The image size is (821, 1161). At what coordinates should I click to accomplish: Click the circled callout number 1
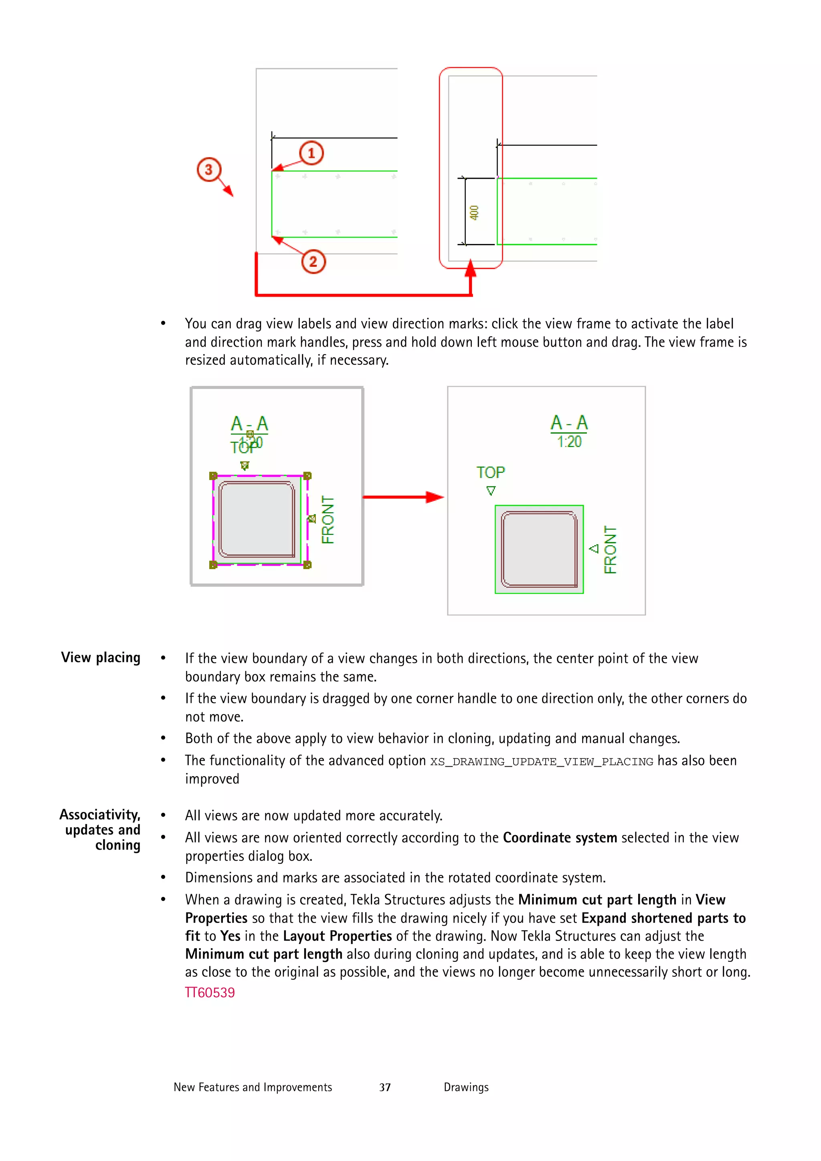click(x=311, y=153)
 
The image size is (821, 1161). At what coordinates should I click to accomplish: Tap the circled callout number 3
click(x=208, y=170)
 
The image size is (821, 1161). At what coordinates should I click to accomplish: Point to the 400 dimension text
click(x=474, y=212)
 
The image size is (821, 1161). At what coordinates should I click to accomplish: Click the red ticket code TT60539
click(x=209, y=993)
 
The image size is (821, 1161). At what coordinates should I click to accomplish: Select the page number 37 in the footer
click(x=385, y=1087)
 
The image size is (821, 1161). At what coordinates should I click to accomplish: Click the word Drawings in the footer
click(x=466, y=1087)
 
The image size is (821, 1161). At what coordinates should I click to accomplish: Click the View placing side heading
click(x=101, y=657)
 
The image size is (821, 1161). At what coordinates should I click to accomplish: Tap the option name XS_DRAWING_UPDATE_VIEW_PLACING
click(x=541, y=761)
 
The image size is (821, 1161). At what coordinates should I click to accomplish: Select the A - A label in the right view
click(x=569, y=423)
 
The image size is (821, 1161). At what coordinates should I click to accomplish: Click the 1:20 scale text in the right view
click(x=569, y=442)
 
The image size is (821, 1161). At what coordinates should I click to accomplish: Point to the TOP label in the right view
click(x=490, y=472)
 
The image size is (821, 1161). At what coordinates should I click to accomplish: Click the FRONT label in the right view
click(x=610, y=550)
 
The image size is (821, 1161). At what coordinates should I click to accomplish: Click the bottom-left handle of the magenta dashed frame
click(x=213, y=565)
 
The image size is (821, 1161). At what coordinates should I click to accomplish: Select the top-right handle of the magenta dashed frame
click(x=307, y=476)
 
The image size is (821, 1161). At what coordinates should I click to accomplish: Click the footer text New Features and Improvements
click(x=253, y=1087)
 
